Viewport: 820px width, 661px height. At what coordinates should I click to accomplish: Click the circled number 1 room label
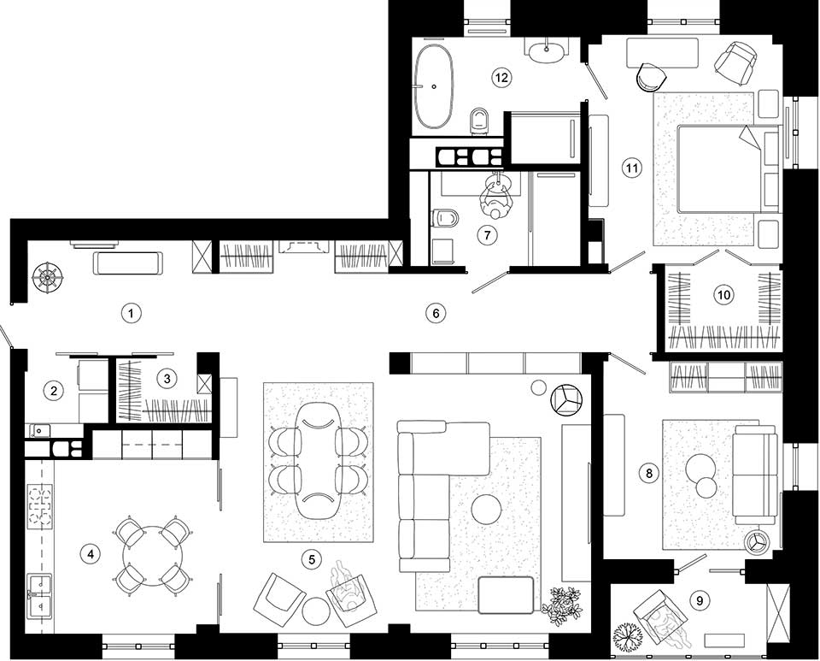[132, 314]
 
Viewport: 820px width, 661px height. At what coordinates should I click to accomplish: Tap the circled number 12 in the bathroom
[501, 78]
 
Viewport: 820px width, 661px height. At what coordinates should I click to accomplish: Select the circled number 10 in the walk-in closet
[723, 295]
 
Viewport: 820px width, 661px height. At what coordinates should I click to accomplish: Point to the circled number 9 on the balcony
[700, 600]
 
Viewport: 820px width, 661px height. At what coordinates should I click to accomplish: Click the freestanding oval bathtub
[434, 86]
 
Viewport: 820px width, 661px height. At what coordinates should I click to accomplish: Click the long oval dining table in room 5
[318, 461]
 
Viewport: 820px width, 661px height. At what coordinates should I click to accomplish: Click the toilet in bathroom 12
[478, 120]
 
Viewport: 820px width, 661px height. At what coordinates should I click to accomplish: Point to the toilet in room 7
[446, 218]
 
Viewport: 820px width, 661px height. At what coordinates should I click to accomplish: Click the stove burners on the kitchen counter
[40, 505]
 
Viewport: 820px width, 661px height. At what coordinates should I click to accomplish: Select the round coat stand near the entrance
[47, 277]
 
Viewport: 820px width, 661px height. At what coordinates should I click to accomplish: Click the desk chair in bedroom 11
[652, 77]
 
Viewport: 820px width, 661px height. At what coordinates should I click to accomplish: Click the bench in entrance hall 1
[128, 263]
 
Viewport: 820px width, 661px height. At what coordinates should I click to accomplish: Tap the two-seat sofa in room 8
[753, 475]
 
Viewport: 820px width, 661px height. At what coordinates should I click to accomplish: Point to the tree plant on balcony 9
[629, 637]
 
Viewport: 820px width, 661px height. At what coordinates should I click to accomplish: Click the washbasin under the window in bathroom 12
[547, 51]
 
